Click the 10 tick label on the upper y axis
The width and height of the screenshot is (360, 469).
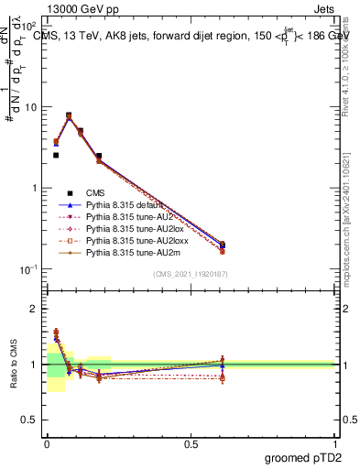pos(30,107)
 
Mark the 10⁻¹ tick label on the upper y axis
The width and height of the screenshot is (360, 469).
pos(28,268)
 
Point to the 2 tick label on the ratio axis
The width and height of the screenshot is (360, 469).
pos(35,309)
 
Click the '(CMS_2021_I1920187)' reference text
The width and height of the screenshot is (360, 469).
pos(191,275)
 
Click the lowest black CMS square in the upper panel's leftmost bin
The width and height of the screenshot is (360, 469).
pos(56,156)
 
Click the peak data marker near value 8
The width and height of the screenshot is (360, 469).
pos(69,115)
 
